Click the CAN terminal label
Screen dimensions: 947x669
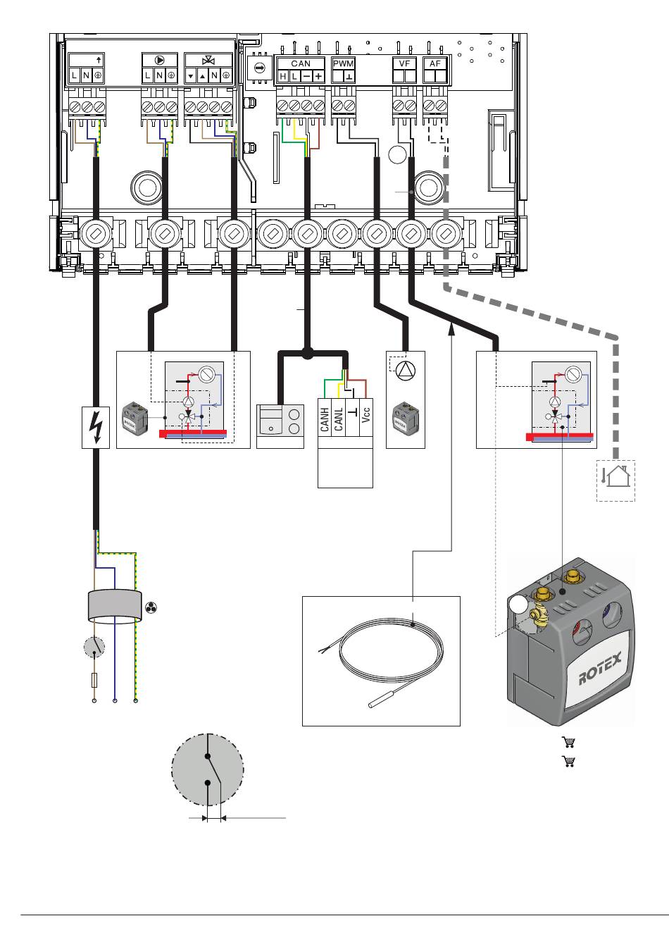(x=301, y=63)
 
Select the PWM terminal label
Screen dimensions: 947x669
(x=343, y=63)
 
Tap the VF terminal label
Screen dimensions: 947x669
(x=404, y=63)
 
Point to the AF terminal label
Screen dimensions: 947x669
(x=435, y=63)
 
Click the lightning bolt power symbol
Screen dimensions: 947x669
(x=95, y=427)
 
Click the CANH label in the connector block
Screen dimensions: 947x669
(x=325, y=418)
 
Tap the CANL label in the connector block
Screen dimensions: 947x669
(x=339, y=418)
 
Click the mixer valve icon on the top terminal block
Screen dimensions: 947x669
(x=208, y=61)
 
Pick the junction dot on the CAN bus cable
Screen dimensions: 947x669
(x=306, y=352)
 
